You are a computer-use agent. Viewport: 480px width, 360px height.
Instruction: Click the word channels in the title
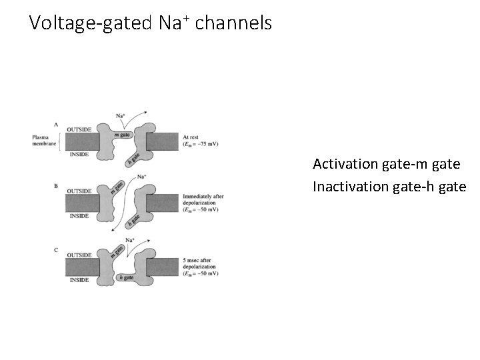[x=233, y=24]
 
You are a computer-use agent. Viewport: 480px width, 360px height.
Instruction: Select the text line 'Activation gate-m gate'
[x=386, y=164]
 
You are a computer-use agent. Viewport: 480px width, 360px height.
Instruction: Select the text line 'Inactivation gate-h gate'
[x=389, y=186]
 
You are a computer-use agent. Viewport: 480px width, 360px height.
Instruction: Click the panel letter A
[x=56, y=124]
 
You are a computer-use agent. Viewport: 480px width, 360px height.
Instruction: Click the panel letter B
[x=56, y=187]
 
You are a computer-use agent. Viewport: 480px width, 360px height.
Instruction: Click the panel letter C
[x=56, y=249]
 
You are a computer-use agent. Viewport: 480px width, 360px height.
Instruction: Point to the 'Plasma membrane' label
[x=45, y=141]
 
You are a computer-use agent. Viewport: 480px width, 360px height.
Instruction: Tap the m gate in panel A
[x=121, y=135]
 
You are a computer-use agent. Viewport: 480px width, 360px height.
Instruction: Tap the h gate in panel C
[x=125, y=277]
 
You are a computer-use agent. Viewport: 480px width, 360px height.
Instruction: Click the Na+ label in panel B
[x=141, y=177]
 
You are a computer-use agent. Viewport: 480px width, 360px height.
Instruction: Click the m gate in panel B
[x=117, y=188]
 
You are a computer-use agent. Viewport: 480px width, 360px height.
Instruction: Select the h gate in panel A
[x=133, y=158]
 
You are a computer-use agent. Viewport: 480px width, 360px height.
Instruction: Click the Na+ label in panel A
[x=121, y=115]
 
